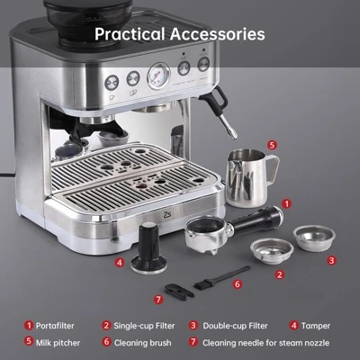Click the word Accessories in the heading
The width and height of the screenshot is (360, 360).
coord(220,35)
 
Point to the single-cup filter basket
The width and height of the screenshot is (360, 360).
coord(272,249)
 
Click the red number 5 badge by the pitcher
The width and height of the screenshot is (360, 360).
coord(273,143)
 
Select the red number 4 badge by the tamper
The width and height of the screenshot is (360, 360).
coord(120,264)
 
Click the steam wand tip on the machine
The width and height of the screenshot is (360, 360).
coord(231,135)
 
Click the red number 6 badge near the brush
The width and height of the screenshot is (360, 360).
coord(238,283)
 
